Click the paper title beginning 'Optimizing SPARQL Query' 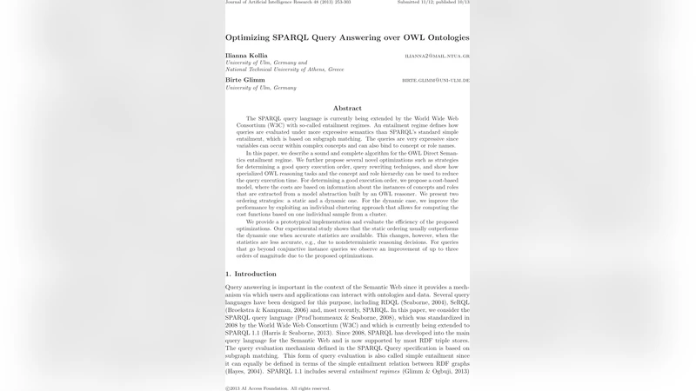[347, 38]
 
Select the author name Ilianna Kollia [246, 56]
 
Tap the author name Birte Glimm [244, 80]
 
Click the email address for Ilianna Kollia [437, 56]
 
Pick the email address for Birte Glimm [435, 80]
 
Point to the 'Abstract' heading [347, 108]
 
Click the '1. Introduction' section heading [251, 274]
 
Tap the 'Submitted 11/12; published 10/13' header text [433, 3]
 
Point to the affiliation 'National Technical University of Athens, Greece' [284, 69]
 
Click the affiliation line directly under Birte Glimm [261, 88]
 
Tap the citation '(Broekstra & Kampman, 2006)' [267, 309]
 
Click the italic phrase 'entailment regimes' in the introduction [373, 371]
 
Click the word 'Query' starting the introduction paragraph [235, 287]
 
